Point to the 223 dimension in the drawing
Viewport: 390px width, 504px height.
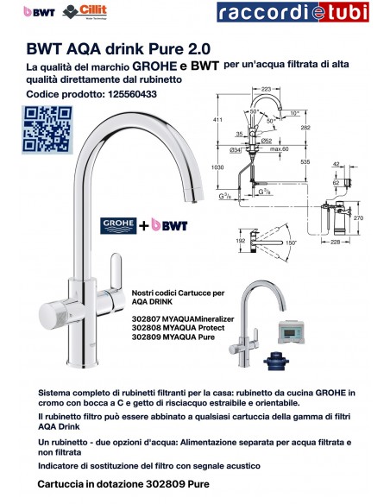(x=266, y=89)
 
